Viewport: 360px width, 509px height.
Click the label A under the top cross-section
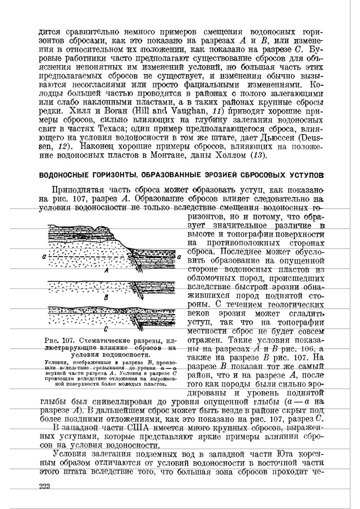[x=106, y=271]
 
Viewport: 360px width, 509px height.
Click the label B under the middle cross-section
[x=106, y=297]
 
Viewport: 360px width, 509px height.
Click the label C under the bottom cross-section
[x=106, y=329]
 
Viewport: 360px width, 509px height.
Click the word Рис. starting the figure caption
[x=57, y=339]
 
